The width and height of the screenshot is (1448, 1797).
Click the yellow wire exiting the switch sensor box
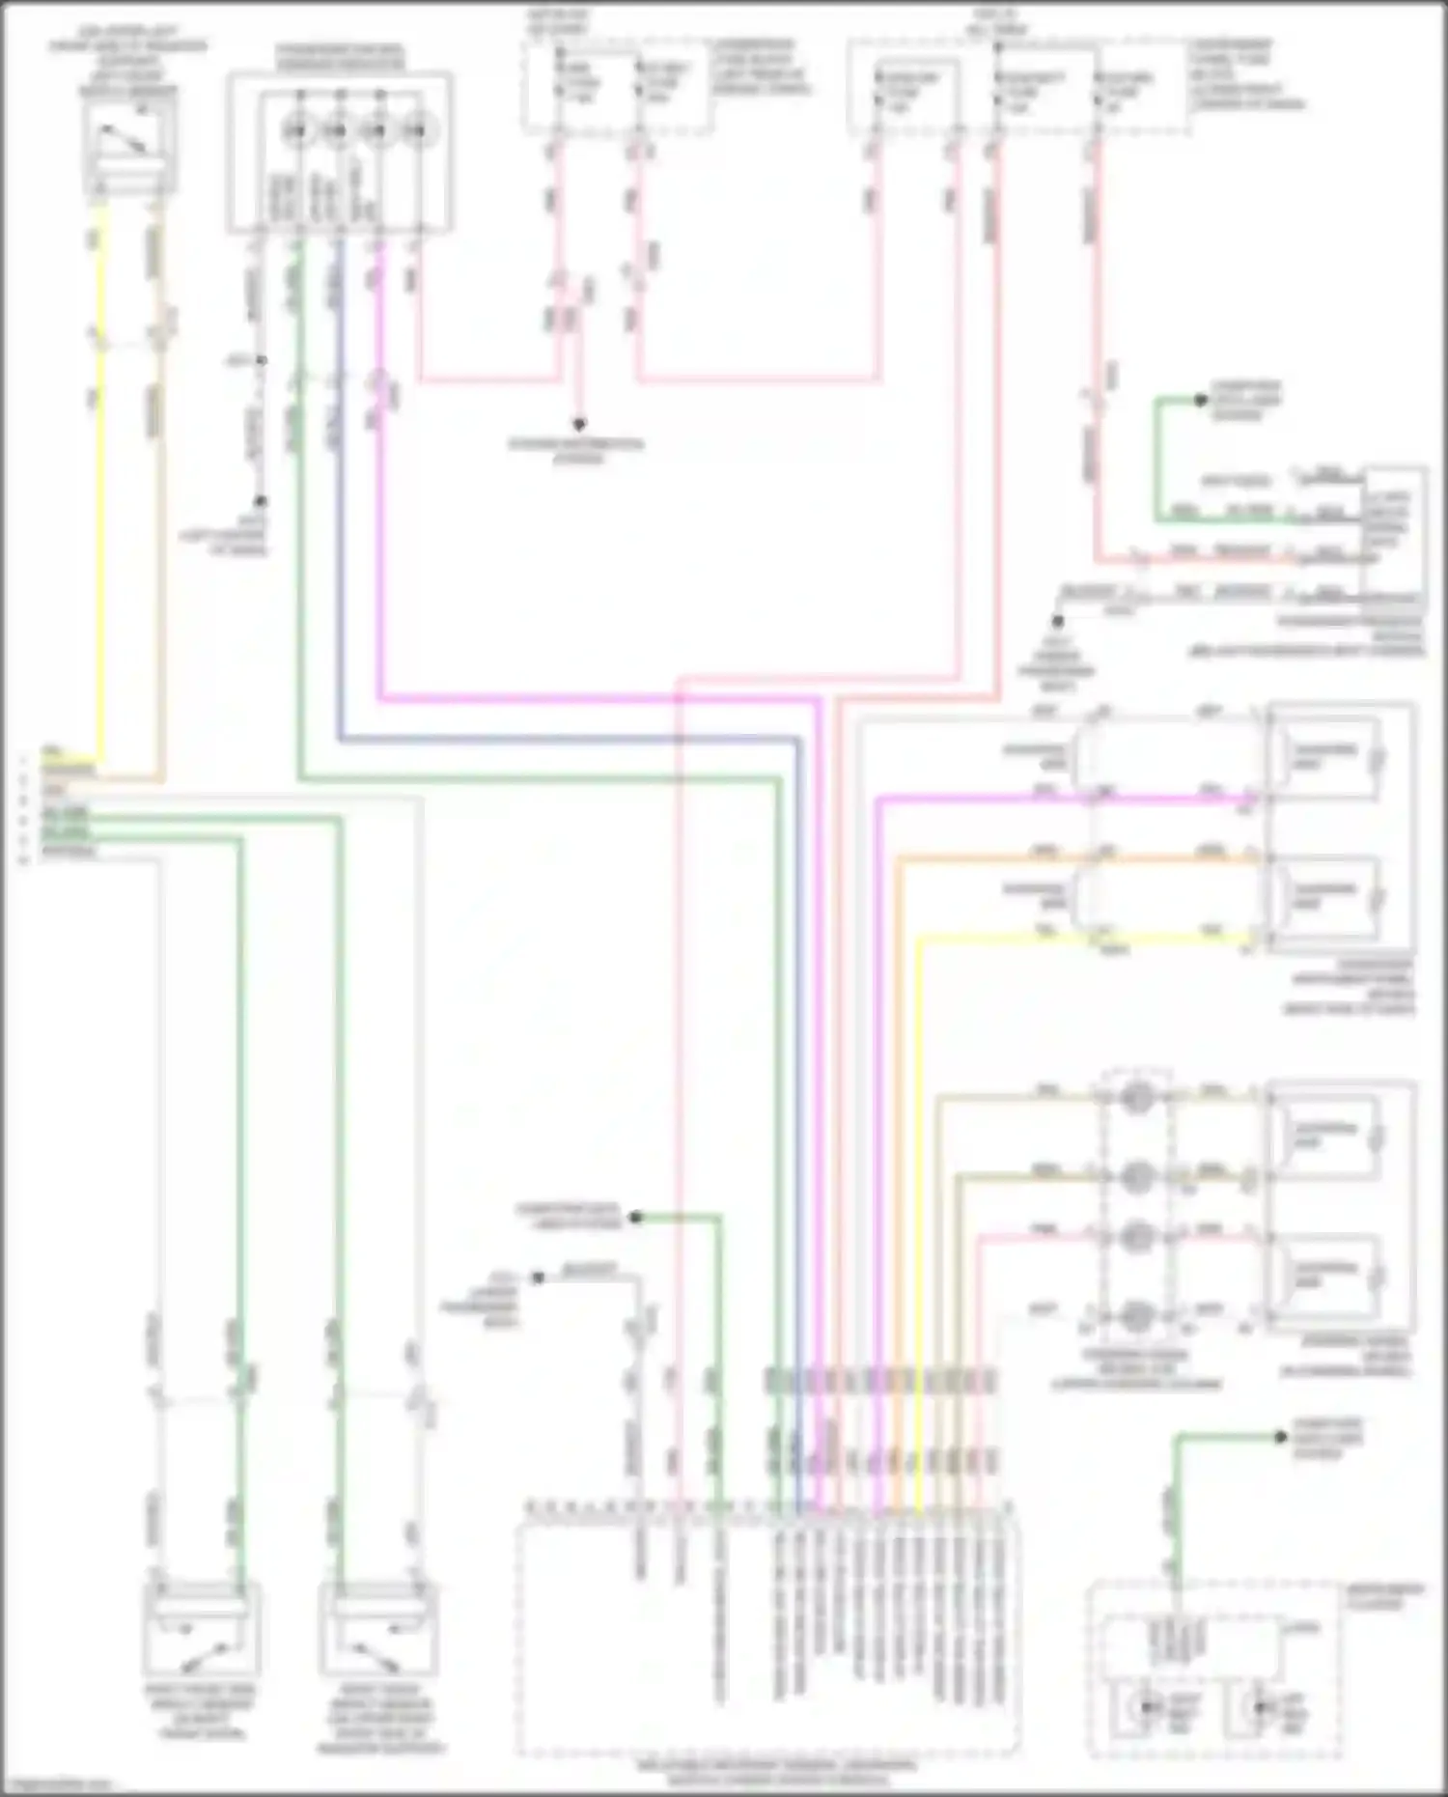click(x=100, y=483)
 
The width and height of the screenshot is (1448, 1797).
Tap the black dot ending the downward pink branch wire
click(x=580, y=424)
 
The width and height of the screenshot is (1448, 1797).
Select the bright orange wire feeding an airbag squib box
click(x=1062, y=857)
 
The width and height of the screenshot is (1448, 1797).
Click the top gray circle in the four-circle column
click(x=1136, y=1097)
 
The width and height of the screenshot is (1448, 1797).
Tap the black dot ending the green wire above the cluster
click(x=1280, y=1438)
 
